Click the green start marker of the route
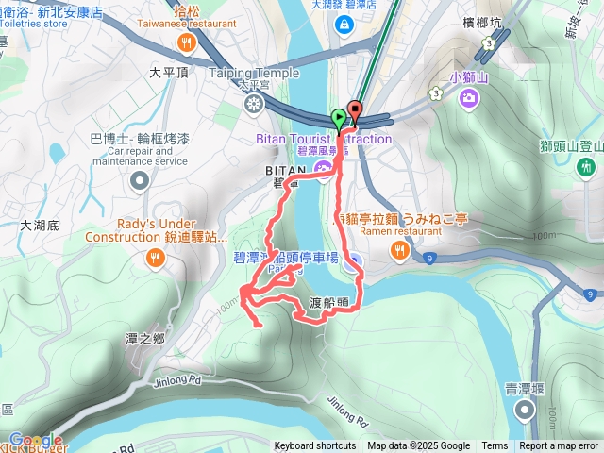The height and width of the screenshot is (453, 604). (339, 119)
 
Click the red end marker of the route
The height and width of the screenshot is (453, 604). (355, 109)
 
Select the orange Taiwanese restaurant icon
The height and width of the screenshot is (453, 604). (189, 42)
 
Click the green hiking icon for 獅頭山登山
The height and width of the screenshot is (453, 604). (587, 166)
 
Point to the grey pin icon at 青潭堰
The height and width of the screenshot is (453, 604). (526, 409)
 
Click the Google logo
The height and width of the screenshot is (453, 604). (36, 440)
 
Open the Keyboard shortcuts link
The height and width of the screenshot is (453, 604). (315, 446)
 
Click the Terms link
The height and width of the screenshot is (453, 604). (495, 446)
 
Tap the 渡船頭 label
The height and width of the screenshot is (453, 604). (329, 303)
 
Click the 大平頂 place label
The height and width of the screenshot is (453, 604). (170, 71)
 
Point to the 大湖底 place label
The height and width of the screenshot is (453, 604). (39, 226)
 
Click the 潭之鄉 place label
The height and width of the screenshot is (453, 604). (144, 338)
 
